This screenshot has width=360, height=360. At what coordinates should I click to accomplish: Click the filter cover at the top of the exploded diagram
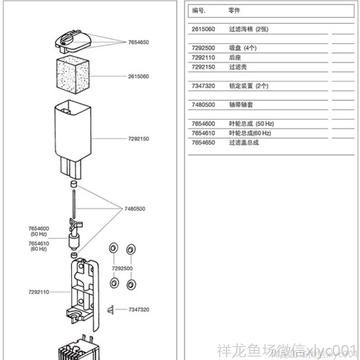73,39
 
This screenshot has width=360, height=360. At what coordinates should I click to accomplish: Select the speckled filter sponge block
73,75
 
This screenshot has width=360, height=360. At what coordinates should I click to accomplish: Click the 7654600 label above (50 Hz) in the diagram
38,228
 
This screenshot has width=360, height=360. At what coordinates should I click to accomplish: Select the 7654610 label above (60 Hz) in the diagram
38,243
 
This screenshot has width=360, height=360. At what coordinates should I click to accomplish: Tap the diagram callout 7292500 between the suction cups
122,268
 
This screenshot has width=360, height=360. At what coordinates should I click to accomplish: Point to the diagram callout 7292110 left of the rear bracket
39,292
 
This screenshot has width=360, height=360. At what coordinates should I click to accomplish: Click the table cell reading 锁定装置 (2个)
248,85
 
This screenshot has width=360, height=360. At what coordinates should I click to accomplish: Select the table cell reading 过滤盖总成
243,143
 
